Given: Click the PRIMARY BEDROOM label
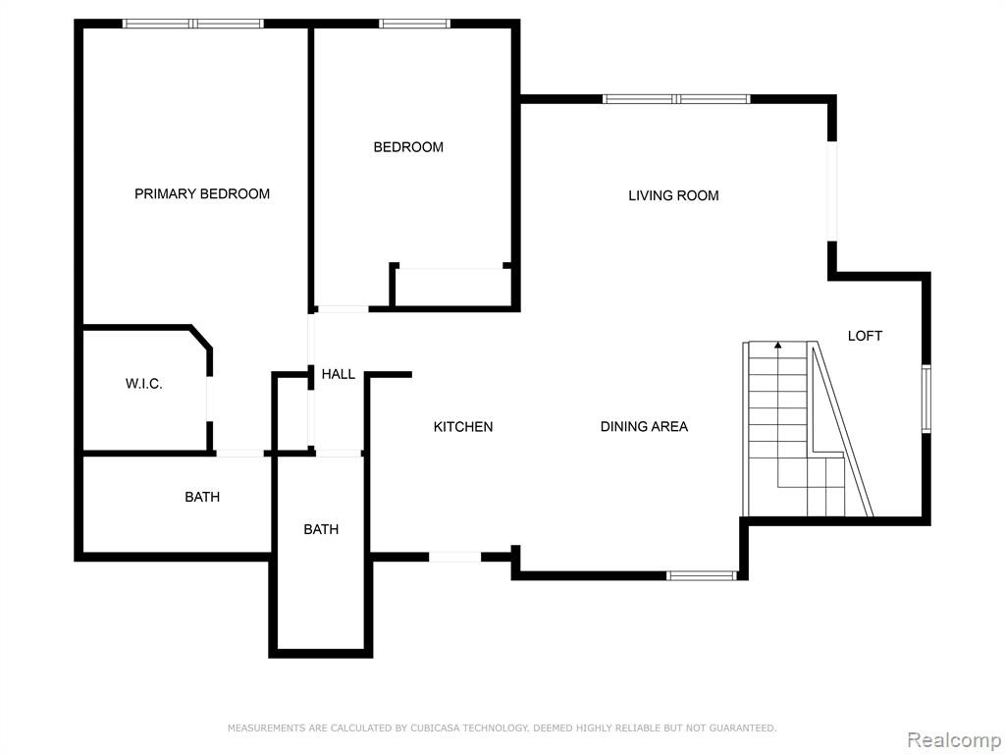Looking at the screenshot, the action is pos(202,193).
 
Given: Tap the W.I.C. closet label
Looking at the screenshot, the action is pos(143,384).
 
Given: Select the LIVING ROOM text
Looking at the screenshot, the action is pos(673,195).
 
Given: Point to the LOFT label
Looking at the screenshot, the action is pos(865,336).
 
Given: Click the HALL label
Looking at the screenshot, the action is pos(339,374).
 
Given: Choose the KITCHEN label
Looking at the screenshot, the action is pos(463,426).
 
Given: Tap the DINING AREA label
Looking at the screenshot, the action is pos(644,426).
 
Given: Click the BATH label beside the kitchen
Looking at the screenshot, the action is pos(321,529).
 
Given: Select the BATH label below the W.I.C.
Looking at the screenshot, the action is pos(202,497).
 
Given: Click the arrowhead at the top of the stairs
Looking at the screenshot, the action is pos(778,346).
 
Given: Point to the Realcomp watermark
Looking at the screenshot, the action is pos(954,740).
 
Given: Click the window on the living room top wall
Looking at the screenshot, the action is pos(676,99).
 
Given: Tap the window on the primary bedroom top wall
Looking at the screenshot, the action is pos(193,24).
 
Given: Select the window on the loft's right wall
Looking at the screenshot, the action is pos(926,399).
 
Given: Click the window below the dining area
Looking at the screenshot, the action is pos(701,575).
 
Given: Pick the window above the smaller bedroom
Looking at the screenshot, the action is pos(414,24).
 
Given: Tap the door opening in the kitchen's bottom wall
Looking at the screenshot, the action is pos(454,557).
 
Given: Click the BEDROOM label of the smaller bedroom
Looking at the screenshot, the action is pos(408,147).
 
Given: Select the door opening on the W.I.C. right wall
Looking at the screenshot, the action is pos(209,399).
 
